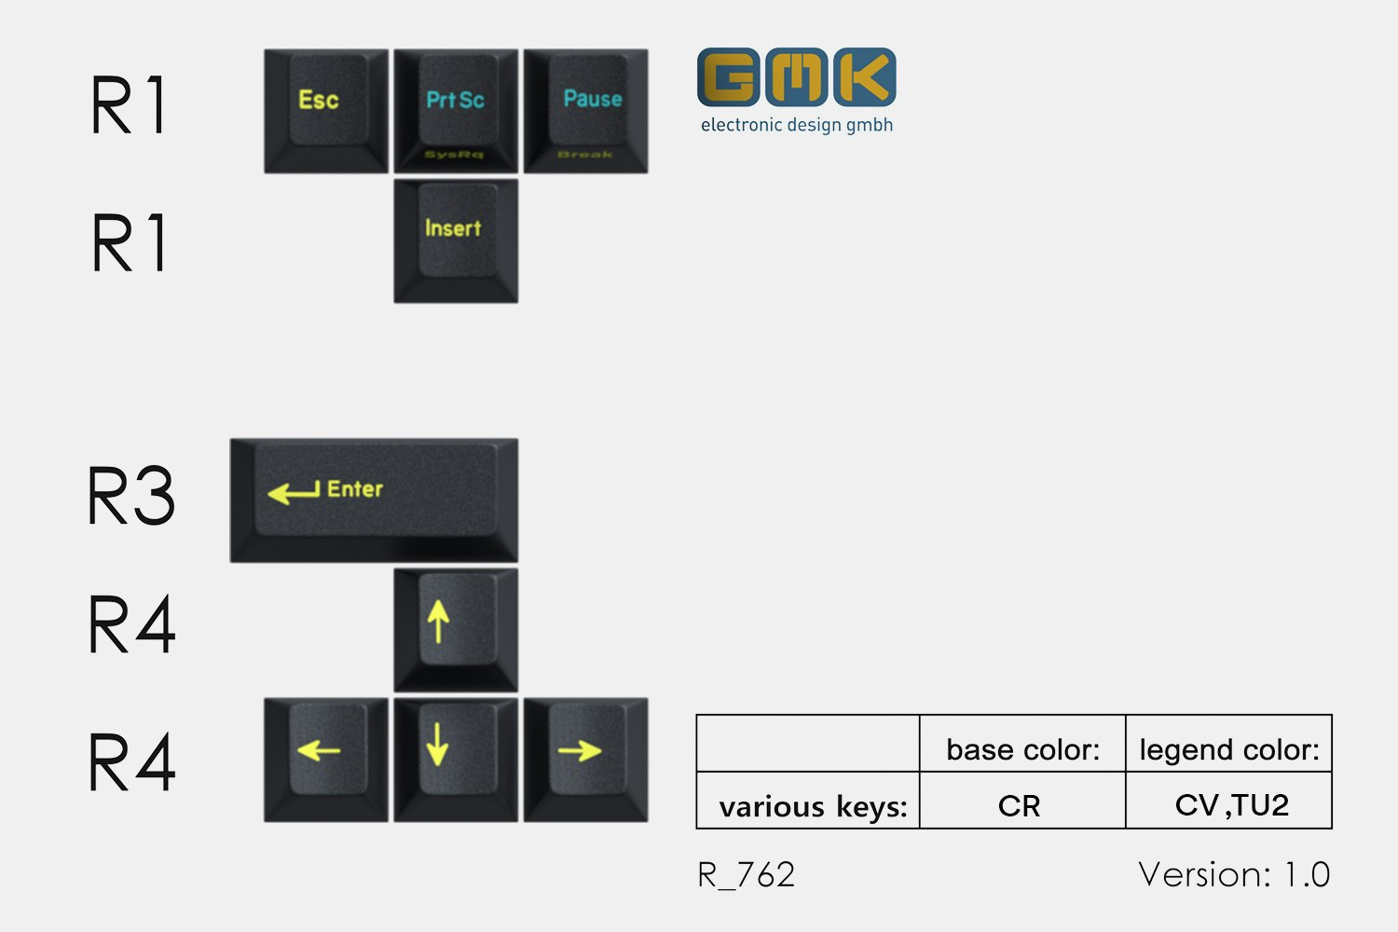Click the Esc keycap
325,110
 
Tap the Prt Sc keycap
455,110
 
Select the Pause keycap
585,110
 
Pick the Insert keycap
455,240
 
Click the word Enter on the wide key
355,488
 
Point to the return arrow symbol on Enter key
293,491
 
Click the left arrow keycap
325,759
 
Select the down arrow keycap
455,759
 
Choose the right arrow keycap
585,759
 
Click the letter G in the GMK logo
728,77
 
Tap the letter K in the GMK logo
865,77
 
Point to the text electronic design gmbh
797,125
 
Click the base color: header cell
1022,748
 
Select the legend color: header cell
1228,748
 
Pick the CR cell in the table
1019,805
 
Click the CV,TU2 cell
1231,804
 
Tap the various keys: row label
813,806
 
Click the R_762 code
747,875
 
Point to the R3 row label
130,496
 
